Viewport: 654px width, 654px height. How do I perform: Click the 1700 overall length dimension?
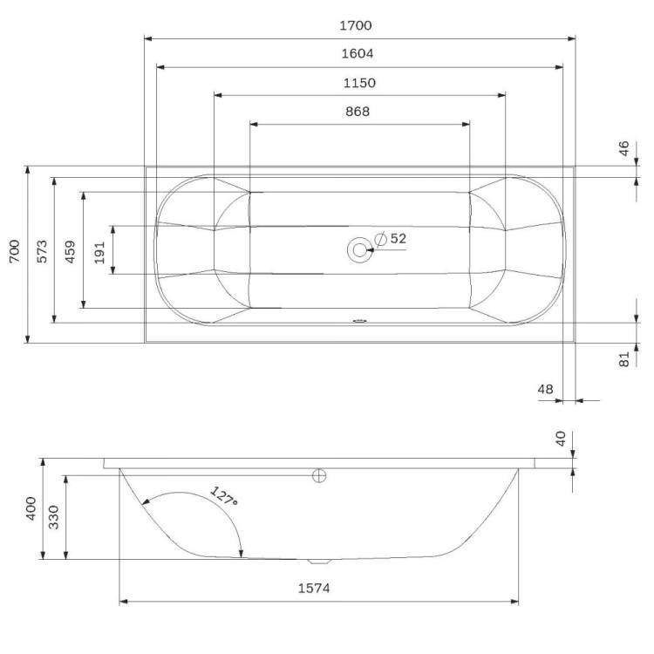356,26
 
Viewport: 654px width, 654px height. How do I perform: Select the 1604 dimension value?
358,54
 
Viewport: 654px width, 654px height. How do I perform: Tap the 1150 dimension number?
359,83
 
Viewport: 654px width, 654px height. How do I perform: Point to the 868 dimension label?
358,112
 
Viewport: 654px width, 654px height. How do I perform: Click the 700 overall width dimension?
15,251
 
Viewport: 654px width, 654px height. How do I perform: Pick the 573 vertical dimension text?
43,251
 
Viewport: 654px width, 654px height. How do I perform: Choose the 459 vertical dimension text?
71,251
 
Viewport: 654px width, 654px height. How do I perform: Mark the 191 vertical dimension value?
99,253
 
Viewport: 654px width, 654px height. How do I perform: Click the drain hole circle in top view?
359,250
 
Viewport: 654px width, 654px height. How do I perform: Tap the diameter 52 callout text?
391,239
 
